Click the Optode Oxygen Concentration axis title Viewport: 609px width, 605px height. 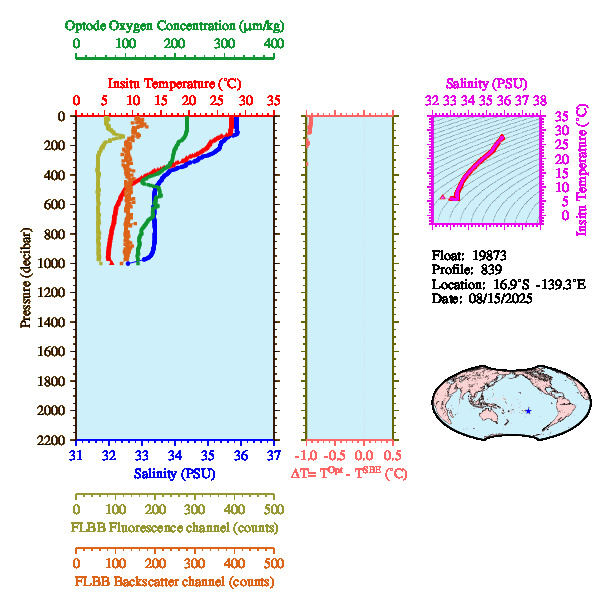point(175,25)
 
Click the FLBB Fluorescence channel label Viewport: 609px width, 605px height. point(174,527)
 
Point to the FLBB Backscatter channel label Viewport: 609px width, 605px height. point(174,581)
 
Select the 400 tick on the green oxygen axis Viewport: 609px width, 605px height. point(273,44)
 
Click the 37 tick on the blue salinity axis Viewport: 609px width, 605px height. point(273,456)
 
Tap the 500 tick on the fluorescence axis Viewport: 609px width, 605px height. point(273,509)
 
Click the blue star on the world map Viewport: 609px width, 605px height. point(528,411)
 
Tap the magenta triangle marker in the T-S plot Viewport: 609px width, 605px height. point(442,198)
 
